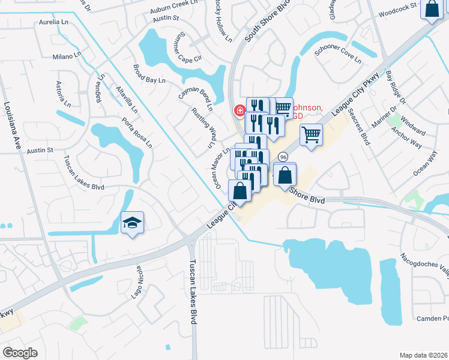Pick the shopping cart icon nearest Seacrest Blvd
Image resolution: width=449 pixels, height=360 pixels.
point(310,134)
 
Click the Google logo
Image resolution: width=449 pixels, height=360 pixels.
point(20,352)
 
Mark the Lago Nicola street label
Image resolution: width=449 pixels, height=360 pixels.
point(137,281)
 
